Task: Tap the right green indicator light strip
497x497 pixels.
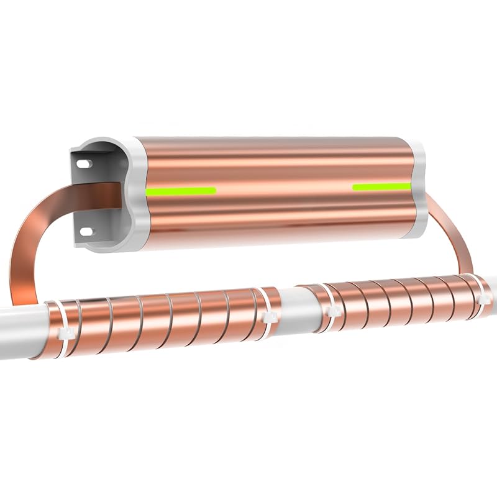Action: pos(381,186)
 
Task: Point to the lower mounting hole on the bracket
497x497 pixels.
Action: pos(84,231)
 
